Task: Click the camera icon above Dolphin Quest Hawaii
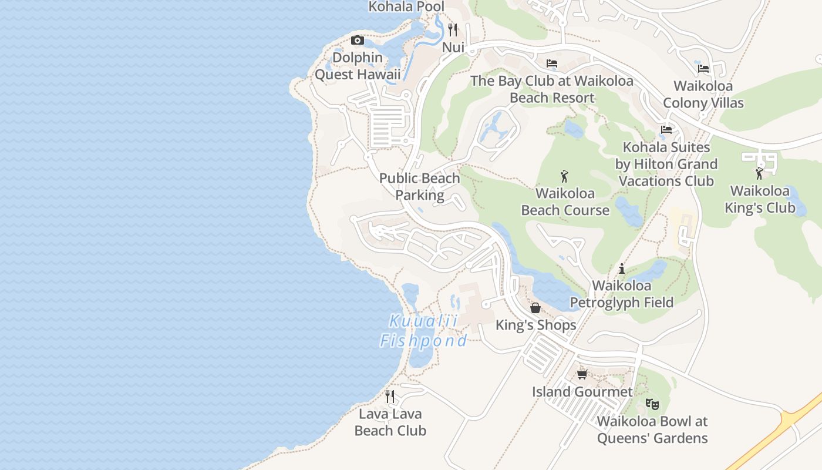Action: pos(357,41)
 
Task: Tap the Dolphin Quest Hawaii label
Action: pos(358,66)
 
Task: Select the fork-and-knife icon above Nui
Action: pos(453,29)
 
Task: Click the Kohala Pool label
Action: pos(406,6)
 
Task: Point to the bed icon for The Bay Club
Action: pos(552,63)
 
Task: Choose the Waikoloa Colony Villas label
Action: pos(703,95)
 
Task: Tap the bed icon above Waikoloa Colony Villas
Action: pos(703,69)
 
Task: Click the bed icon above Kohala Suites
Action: pos(666,130)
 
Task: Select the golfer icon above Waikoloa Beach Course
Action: pos(565,176)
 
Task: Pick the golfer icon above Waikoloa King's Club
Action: pos(759,173)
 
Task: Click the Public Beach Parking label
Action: pos(420,187)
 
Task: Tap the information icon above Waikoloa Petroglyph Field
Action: pos(622,269)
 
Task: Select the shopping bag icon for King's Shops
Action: pos(535,308)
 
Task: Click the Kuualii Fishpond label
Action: pos(423,331)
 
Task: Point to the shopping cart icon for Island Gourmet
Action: pos(582,374)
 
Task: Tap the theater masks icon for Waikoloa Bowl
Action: pos(652,404)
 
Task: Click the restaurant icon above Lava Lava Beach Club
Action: pos(390,397)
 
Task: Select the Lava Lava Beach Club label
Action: pos(390,422)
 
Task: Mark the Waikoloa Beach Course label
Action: pos(565,202)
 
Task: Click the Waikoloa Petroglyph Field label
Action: pos(622,294)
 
